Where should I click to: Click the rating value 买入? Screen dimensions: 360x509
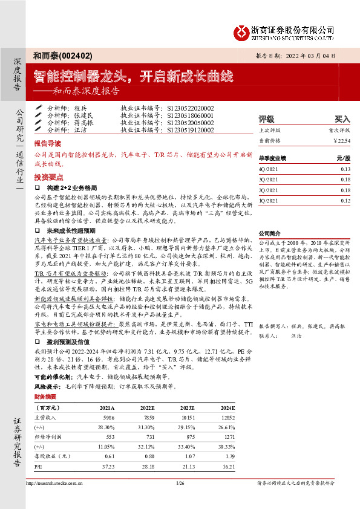tap(342, 119)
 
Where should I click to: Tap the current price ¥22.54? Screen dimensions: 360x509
tap(342, 141)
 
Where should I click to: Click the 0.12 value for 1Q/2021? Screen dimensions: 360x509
tap(345, 200)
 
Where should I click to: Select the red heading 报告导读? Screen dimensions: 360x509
tap(47, 145)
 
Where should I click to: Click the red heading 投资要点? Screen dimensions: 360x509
tap(47, 177)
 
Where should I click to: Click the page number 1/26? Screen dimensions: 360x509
tap(180, 483)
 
